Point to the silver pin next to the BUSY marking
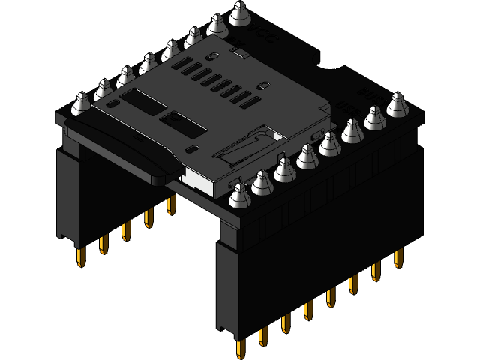pyautogui.click(x=397, y=104)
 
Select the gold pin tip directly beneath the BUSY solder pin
pyautogui.click(x=397, y=257)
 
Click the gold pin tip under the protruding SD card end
pyautogui.click(x=80, y=257)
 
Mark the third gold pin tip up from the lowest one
pyautogui.click(x=286, y=322)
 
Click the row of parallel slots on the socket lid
pyautogui.click(x=225, y=82)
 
